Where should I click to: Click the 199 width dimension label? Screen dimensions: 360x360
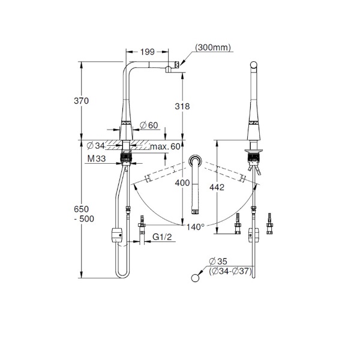coord(148,52)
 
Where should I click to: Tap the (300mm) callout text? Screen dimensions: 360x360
coord(213,47)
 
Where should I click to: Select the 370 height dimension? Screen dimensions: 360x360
coord(81,101)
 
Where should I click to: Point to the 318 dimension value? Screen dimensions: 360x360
coord(182,106)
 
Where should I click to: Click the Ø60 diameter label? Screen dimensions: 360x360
coord(149,125)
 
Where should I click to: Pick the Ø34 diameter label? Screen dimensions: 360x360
coord(96,145)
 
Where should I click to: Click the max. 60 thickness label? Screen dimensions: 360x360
coord(165,146)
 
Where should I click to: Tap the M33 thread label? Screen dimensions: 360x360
coord(97,158)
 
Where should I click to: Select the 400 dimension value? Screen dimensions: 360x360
coord(182,183)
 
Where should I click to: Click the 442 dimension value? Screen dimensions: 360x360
coord(217,187)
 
